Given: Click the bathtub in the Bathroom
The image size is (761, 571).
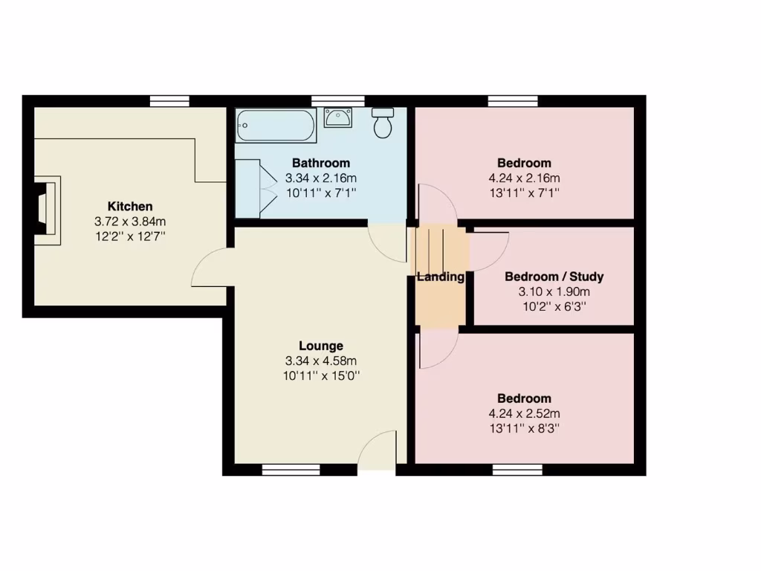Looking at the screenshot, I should [276, 126].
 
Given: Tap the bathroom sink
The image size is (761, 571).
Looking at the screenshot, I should [339, 118].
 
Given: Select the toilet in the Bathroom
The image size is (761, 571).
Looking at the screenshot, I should [383, 123].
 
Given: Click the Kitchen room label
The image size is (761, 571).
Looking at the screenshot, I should [130, 206].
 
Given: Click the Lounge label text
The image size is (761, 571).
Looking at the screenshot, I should [321, 346].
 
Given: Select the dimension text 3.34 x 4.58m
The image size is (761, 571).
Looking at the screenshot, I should [321, 361].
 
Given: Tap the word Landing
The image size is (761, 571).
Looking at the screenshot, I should [441, 277].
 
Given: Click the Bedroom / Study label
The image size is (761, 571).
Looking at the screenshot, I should [554, 277].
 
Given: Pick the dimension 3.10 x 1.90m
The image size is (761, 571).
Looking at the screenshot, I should [554, 291].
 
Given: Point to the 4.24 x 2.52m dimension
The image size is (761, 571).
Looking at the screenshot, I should [524, 413].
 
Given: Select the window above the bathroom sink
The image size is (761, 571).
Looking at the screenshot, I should [338, 101].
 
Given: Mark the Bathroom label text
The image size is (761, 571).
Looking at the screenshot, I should [321, 163].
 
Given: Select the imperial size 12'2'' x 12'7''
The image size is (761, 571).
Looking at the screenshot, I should [130, 236].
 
